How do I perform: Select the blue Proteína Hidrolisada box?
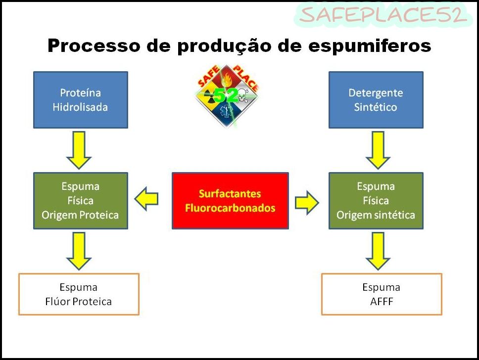click(80, 100)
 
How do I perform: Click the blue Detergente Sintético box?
click(376, 100)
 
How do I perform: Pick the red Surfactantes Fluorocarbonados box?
click(230, 201)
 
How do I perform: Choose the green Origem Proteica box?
click(80, 201)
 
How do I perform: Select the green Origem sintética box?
click(376, 201)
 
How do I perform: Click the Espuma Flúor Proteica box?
click(79, 294)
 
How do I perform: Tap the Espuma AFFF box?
click(382, 294)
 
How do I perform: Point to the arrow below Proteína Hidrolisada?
click(79, 150)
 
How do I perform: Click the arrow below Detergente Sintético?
click(378, 150)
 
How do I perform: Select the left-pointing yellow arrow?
click(146, 199)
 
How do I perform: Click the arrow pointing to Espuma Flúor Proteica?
click(79, 251)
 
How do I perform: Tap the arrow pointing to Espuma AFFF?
click(378, 251)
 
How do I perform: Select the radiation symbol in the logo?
click(210, 96)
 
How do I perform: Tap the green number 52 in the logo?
click(226, 95)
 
